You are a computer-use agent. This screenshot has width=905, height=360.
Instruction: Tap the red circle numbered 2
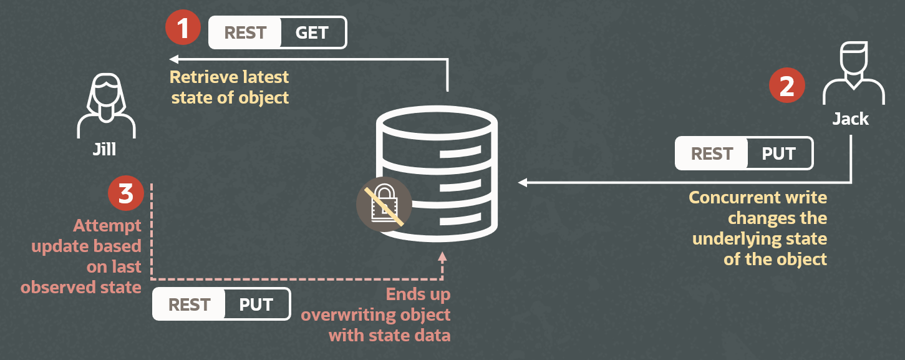(x=787, y=86)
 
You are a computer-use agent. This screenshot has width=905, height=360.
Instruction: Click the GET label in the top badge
(x=312, y=32)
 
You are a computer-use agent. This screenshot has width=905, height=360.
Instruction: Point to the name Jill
(x=105, y=150)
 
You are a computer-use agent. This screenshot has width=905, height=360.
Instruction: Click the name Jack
(x=850, y=119)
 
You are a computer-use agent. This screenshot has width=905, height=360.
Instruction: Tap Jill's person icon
(x=105, y=106)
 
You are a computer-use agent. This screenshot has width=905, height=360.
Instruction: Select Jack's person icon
(x=853, y=73)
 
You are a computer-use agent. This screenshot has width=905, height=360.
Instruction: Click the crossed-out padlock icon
(x=384, y=205)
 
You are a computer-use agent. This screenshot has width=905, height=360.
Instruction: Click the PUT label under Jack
(x=780, y=153)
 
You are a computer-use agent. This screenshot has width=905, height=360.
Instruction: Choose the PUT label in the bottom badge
(x=256, y=304)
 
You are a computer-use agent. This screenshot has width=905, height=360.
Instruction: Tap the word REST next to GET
(x=245, y=32)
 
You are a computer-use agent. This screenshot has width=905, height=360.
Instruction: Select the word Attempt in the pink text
(x=107, y=226)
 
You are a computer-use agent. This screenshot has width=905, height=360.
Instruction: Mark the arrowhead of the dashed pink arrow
(x=442, y=256)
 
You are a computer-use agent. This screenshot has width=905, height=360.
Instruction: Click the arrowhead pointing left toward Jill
(x=174, y=59)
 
